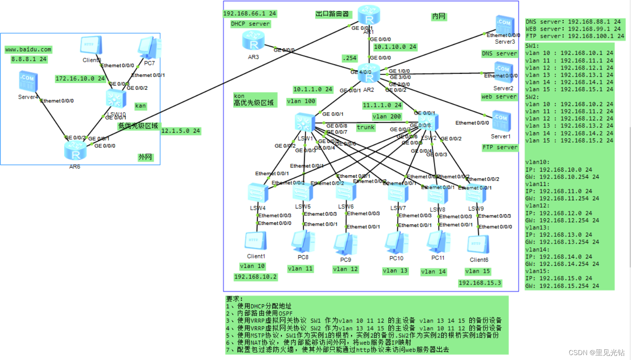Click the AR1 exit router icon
[x=369, y=15]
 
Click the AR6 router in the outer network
[x=75, y=151]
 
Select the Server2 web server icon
[x=502, y=72]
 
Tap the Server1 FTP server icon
[x=501, y=121]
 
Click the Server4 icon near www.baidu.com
[x=28, y=81]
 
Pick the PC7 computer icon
[x=150, y=48]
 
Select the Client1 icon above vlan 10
[x=256, y=241]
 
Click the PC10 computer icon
[x=396, y=242]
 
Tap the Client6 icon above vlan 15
[x=478, y=245]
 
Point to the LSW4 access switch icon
[x=258, y=193]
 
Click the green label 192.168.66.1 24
[x=250, y=14]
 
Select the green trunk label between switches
[x=365, y=127]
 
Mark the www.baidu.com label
[x=28, y=50]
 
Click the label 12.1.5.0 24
[x=180, y=131]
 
